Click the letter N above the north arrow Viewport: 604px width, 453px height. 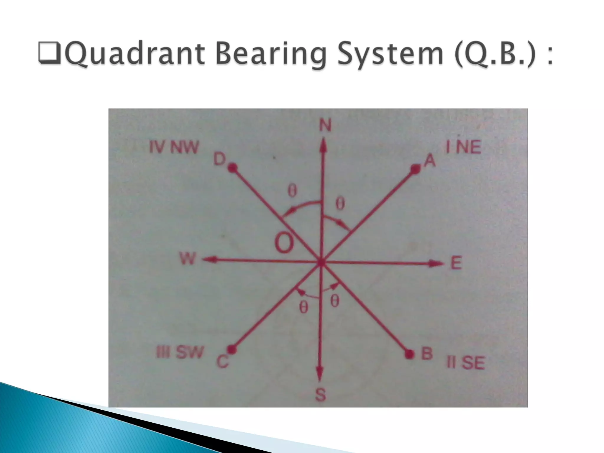click(325, 126)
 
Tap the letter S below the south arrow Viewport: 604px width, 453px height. click(321, 395)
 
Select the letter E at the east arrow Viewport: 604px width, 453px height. click(456, 263)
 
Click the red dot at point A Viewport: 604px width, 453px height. click(416, 169)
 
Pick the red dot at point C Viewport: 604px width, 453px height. click(232, 349)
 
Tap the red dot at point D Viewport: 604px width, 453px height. click(233, 168)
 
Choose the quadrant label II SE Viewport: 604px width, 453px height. click(466, 363)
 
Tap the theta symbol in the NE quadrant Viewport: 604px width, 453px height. click(340, 204)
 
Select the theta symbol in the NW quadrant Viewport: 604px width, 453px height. click(292, 192)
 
